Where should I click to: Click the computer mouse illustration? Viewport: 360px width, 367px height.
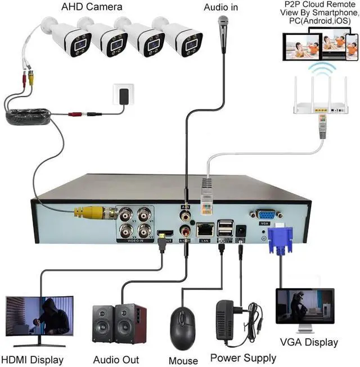coord(182,325)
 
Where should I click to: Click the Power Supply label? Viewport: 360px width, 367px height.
coord(243,358)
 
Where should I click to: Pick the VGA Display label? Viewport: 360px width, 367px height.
coord(309,342)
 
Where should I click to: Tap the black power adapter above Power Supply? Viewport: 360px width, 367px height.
coord(235,320)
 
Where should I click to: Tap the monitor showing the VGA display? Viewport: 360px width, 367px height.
coord(304,307)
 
